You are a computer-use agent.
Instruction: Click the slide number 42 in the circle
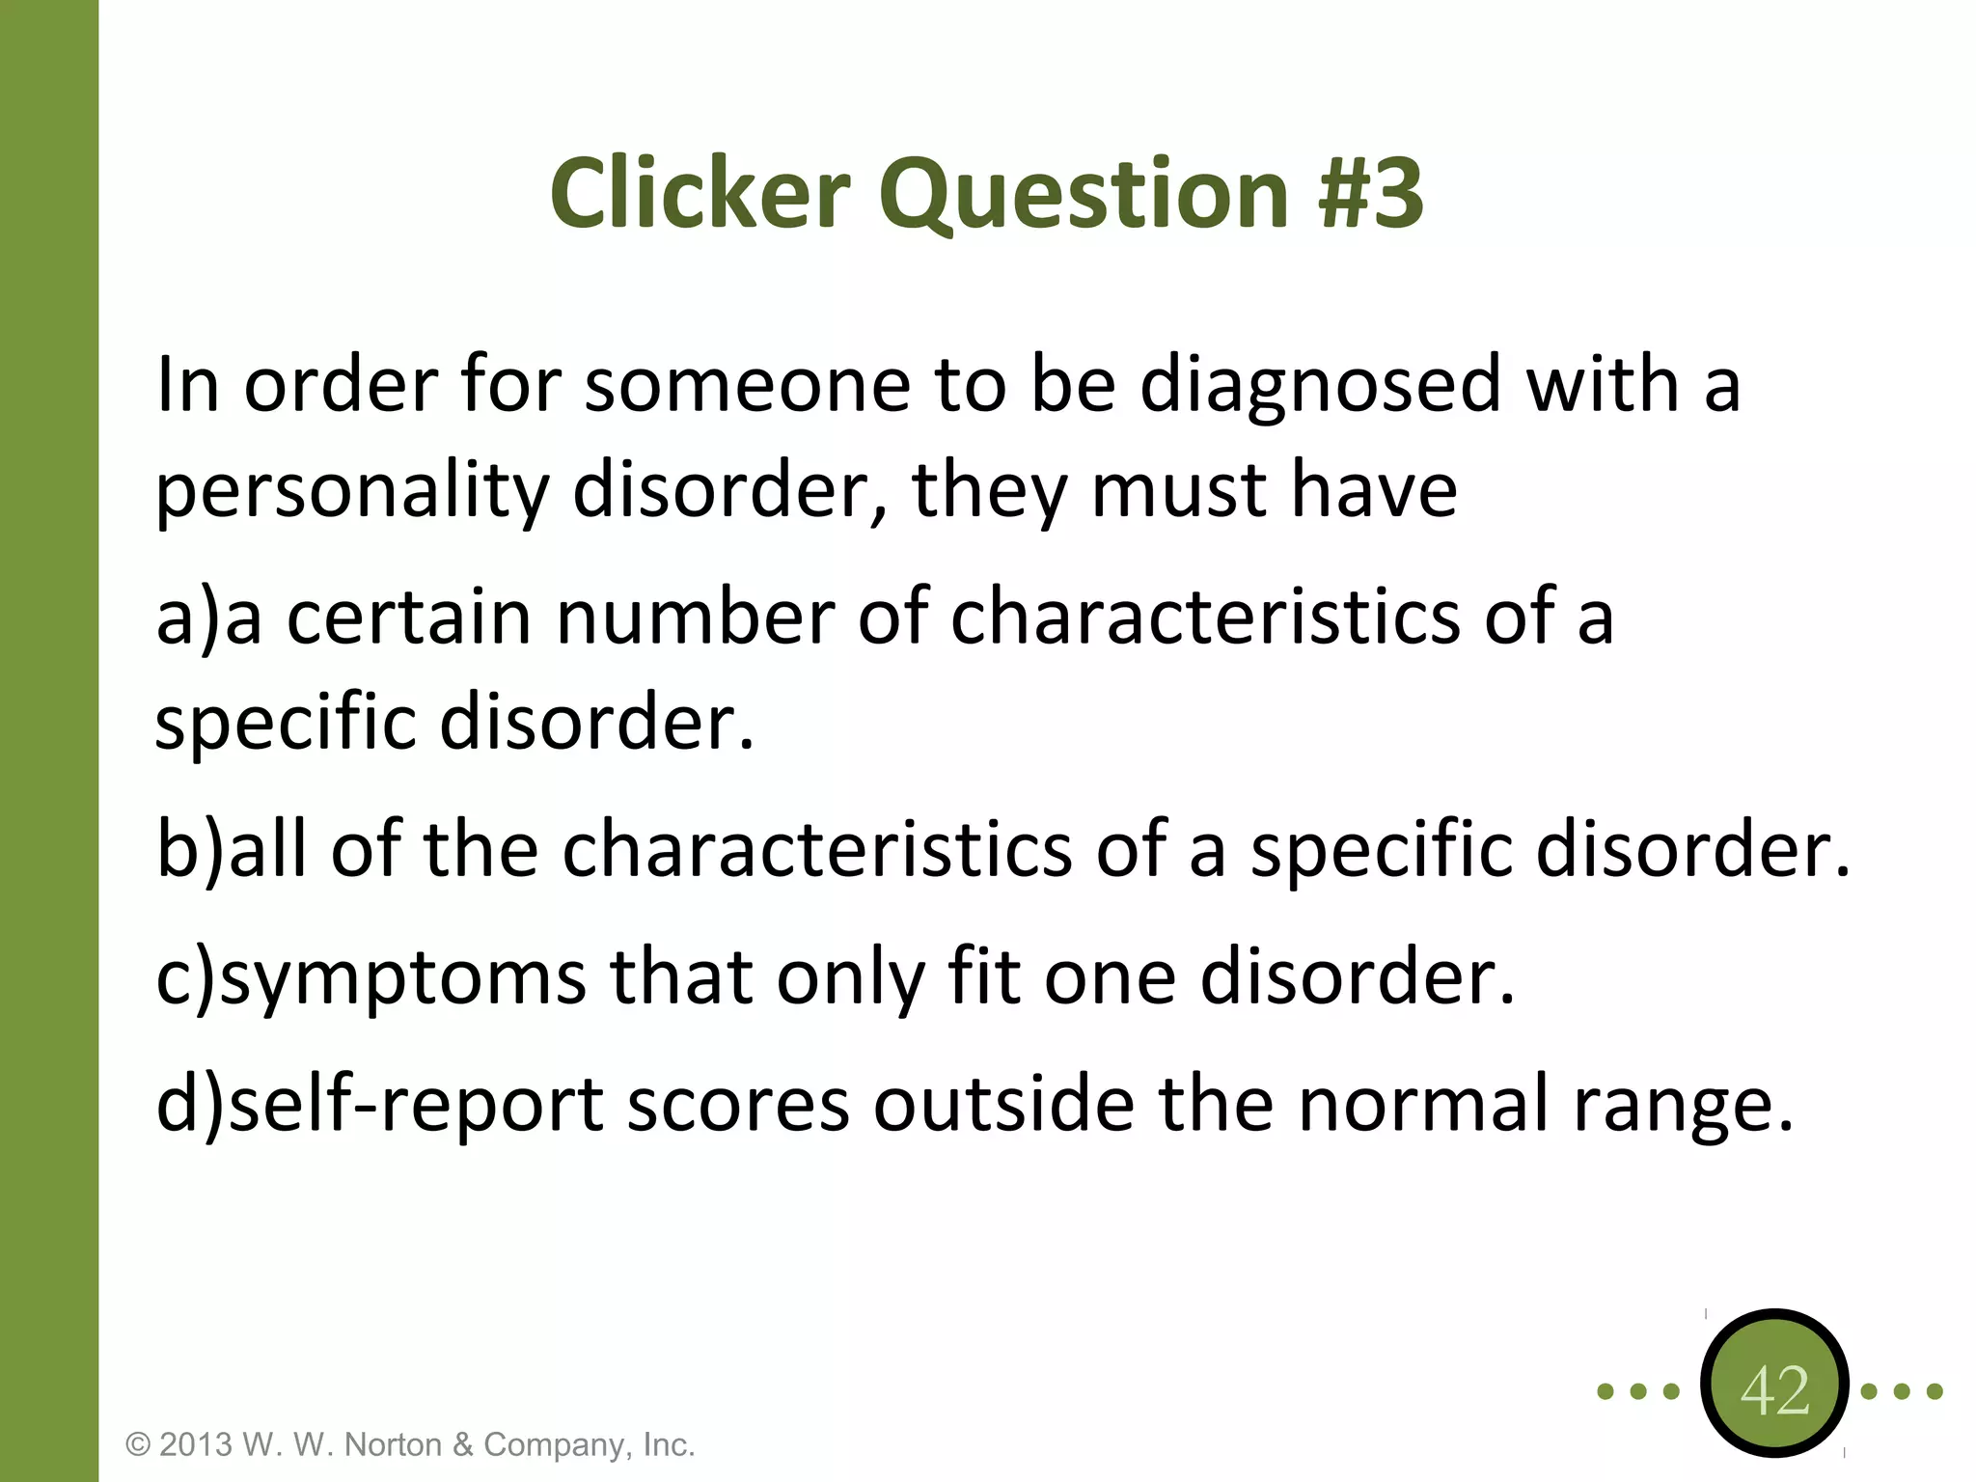point(1775,1390)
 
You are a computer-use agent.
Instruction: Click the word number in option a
point(695,617)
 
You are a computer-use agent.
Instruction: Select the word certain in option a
point(408,617)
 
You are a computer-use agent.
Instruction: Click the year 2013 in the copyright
point(196,1444)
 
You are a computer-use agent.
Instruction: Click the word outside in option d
point(1003,1104)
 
